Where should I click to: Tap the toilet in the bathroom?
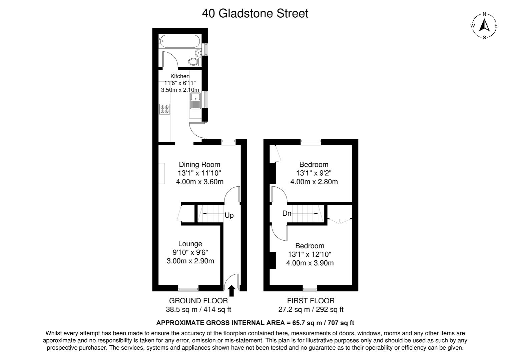pos(194,62)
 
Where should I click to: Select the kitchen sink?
pos(195,101)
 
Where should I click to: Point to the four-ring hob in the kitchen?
pos(165,109)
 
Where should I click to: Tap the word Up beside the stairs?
pos(229,215)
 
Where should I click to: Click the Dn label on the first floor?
pos(287,213)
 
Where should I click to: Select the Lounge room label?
pos(190,244)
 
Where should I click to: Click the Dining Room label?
pos(199,164)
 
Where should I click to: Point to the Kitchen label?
pos(180,76)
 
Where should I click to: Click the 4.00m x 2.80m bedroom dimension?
pos(314,182)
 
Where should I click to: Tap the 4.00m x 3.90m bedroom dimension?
pos(310,263)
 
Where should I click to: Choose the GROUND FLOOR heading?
pos(198,301)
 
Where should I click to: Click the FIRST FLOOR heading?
pos(311,301)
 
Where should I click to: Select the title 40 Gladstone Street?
pos(255,13)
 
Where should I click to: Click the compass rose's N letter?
pos(484,14)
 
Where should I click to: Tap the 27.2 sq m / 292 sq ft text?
pos(311,309)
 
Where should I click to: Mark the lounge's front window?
pos(188,288)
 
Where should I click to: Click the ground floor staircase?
pos(210,213)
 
